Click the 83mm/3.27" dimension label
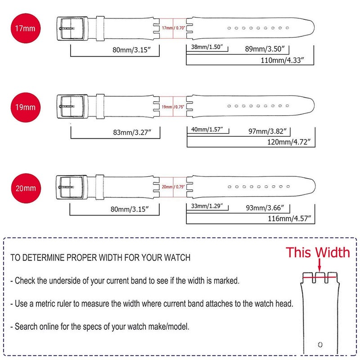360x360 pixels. coord(131,132)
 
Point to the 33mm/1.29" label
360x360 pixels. coord(207,207)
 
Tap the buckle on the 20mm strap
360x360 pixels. coord(71,188)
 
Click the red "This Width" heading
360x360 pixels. coord(318,252)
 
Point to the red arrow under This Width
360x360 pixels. coord(319,264)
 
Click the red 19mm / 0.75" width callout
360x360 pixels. coord(173,107)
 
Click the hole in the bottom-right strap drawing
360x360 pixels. coord(320,345)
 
